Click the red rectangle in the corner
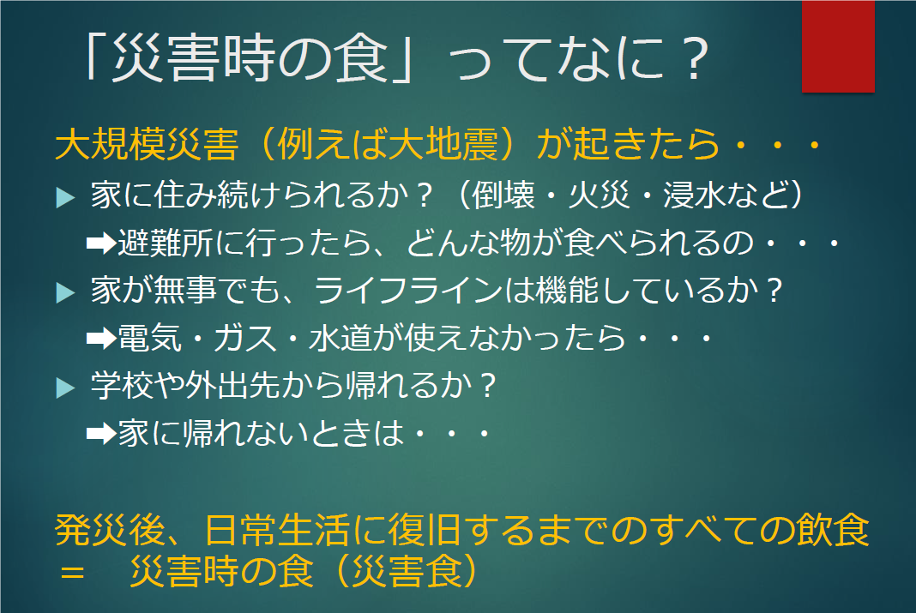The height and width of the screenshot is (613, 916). (838, 46)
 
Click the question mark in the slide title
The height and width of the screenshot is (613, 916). (696, 59)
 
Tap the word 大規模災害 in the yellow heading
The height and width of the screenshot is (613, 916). (147, 144)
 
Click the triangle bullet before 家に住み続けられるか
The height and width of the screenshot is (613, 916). (65, 196)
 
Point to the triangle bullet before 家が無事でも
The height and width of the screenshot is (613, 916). (65, 291)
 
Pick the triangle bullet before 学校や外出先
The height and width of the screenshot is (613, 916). (65, 388)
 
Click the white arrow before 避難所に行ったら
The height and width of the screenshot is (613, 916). (101, 243)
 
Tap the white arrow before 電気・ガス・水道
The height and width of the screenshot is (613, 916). (101, 339)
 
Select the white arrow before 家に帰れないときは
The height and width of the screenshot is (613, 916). (101, 434)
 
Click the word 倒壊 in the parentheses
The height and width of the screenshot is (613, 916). (503, 195)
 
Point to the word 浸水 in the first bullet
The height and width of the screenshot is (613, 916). (694, 195)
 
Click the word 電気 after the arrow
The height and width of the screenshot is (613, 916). (149, 339)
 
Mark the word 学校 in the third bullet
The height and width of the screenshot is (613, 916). (122, 386)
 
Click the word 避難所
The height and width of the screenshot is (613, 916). (166, 243)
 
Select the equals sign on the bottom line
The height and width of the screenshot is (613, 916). (72, 572)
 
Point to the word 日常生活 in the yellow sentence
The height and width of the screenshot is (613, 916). (278, 530)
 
